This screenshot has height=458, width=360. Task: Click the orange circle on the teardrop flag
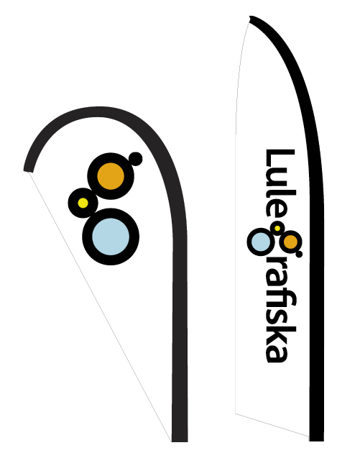pos(111,176)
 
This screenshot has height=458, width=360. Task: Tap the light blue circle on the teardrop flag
pos(111,237)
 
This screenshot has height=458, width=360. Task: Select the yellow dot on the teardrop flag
pos(83,203)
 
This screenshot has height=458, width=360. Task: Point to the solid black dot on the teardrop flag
pos(135,159)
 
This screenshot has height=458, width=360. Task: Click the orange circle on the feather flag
pos(291,242)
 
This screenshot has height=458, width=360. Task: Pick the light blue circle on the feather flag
pos(261,242)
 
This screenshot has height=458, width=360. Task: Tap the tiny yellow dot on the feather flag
pos(277,228)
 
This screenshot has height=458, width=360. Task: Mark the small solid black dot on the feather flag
pos(299,254)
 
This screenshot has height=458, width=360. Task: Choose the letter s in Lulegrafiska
pos(277,316)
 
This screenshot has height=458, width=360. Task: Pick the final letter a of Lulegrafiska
pos(277,353)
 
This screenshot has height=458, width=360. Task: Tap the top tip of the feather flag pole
pos(250,19)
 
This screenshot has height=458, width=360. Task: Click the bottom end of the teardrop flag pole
pos(180,441)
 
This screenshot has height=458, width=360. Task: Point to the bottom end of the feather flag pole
pos(316,441)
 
